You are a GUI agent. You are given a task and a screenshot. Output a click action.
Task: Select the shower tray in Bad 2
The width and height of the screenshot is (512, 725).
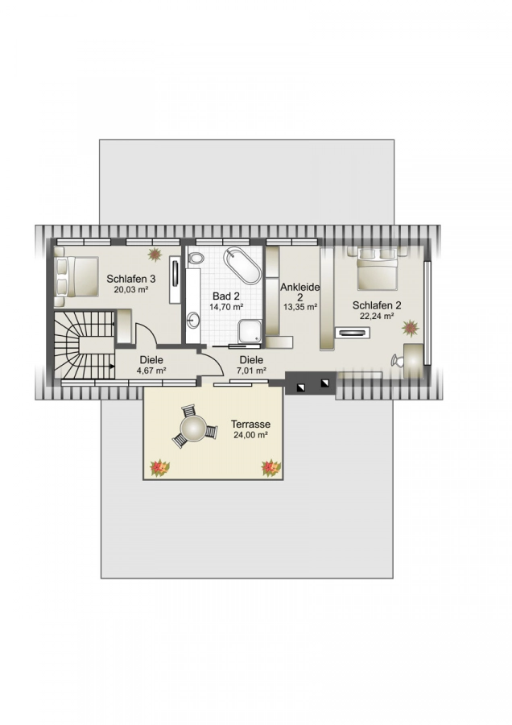(250, 330)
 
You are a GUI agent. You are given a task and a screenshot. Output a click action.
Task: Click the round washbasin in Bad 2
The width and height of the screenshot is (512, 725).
(193, 321)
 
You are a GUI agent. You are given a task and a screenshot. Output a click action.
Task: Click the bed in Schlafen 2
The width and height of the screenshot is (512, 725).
(375, 271)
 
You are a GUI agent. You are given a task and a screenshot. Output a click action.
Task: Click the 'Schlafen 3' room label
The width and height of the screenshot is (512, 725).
(130, 279)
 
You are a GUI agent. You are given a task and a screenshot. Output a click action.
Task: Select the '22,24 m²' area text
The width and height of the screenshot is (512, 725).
(376, 317)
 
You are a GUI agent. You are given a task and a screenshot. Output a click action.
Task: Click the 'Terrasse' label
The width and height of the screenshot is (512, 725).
(250, 424)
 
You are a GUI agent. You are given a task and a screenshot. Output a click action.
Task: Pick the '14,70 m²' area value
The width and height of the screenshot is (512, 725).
(226, 307)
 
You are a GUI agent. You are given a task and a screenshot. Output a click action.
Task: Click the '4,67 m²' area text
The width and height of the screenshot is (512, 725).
(151, 371)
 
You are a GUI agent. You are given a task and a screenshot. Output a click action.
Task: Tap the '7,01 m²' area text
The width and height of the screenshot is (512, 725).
(250, 371)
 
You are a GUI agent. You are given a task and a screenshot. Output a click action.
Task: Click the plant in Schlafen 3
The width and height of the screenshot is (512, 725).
(154, 255)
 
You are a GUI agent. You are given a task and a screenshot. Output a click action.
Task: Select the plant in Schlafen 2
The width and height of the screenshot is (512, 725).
(411, 327)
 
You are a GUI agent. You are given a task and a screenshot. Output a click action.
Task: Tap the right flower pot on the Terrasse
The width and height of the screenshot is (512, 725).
(270, 466)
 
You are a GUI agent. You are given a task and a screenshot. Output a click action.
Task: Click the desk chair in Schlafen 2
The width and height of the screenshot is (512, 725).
(396, 360)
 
